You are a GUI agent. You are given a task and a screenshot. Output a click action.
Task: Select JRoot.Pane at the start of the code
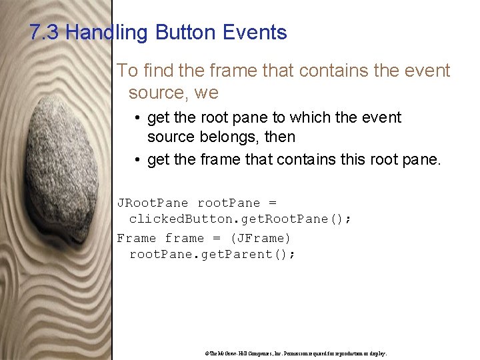pos(153,203)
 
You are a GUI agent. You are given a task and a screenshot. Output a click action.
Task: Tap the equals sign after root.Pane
pos(272,203)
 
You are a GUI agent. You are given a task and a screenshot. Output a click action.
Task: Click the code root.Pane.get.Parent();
pos(212,254)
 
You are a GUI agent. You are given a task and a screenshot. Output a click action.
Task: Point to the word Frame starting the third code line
pos(137,238)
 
